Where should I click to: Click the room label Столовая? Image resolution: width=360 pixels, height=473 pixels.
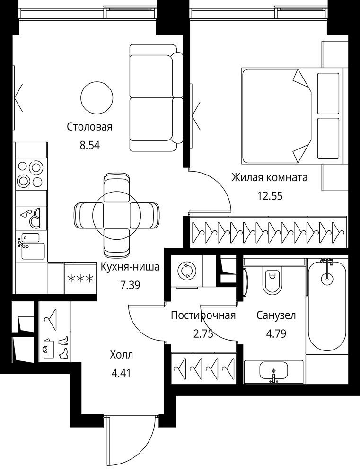coord(89,127)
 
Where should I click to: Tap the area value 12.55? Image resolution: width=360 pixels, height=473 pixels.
coord(270,196)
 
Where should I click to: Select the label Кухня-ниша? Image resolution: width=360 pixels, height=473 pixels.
coord(130,266)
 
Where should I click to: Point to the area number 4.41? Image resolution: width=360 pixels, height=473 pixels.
coord(121,374)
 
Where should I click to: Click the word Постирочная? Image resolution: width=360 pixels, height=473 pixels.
coord(203,315)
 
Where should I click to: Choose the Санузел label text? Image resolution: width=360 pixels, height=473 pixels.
coord(276,315)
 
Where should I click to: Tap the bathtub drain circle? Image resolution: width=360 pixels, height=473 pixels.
coord(327,277)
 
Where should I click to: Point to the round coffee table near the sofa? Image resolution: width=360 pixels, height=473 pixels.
coord(97,97)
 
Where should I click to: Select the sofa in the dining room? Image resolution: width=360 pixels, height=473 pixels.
coord(156,97)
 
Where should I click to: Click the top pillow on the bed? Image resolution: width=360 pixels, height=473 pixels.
coord(328,93)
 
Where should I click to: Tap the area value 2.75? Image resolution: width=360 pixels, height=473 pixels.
coord(203,334)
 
